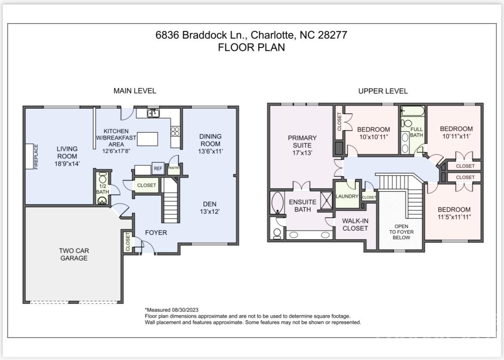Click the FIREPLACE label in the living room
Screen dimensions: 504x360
point(36,157)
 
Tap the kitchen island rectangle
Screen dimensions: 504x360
point(147,139)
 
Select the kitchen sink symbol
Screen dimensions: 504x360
point(153,113)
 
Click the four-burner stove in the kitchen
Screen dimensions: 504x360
point(175,131)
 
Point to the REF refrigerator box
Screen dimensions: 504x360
point(158,169)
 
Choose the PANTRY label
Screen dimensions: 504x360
point(174,168)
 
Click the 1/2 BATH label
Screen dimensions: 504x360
point(103,189)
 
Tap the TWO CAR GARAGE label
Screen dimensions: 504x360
point(74,254)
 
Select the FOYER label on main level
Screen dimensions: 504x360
point(156,233)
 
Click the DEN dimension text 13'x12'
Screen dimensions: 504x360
point(210,211)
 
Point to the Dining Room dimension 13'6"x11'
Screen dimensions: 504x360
point(211,151)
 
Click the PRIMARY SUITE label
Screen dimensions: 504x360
point(302,141)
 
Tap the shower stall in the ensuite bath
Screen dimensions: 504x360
point(327,200)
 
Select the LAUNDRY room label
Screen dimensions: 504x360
point(347,196)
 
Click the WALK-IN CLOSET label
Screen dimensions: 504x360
point(355,225)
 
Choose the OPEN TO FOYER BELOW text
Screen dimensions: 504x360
point(401,232)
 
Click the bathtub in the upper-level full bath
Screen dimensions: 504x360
point(413,111)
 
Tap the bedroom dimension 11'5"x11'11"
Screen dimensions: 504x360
point(454,217)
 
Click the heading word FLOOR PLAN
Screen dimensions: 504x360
point(252,47)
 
